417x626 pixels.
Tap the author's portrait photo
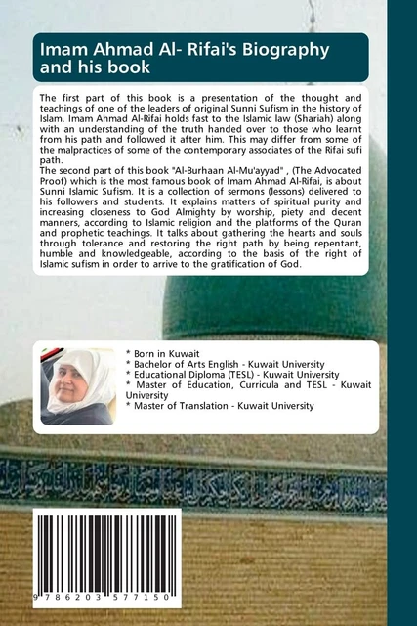(77, 388)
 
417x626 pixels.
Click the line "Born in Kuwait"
(165, 350)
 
